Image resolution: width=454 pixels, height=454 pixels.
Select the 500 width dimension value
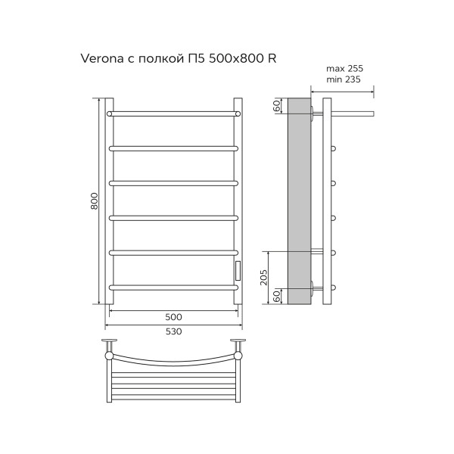pos(174,316)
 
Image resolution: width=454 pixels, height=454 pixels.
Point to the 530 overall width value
pos(174,331)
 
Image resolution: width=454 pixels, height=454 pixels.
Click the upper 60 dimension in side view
pos(278,106)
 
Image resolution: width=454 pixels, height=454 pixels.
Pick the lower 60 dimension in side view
pos(278,295)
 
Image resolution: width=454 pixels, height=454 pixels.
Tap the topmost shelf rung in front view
pos(174,113)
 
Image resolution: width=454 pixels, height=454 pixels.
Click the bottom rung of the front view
pos(174,286)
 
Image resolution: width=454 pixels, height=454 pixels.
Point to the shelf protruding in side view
pos(353,114)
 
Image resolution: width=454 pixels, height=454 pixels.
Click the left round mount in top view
pos(110,353)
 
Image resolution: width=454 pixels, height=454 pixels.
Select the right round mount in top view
pos(238,353)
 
